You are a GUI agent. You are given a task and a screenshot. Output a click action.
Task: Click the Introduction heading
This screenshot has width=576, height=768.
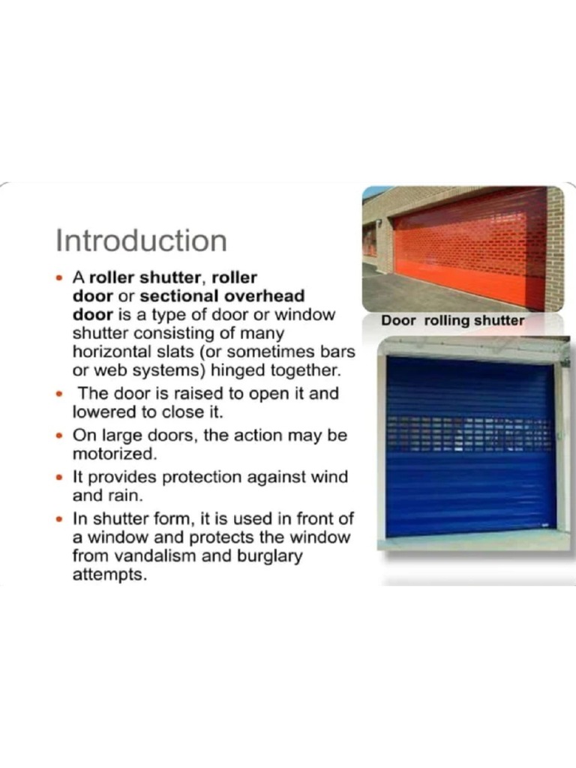click(141, 241)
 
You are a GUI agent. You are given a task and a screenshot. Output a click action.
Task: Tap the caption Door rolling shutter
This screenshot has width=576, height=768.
click(452, 320)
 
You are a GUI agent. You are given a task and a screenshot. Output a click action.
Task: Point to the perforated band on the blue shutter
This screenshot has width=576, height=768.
click(469, 433)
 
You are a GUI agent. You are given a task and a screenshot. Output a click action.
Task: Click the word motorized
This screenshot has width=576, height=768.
click(115, 454)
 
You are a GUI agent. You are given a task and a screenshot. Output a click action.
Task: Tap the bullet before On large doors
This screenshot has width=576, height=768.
click(60, 435)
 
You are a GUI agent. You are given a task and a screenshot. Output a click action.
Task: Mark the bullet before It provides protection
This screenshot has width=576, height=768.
click(60, 477)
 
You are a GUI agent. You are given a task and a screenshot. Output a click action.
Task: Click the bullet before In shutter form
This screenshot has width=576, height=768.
click(60, 518)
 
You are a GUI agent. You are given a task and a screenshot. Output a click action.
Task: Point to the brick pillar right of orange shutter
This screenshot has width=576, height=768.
click(555, 247)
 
